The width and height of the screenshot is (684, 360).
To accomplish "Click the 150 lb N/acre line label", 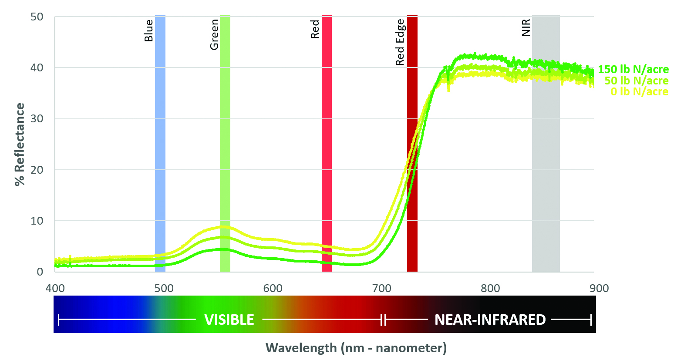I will tap(633, 69).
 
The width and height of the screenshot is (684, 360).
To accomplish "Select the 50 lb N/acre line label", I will tap(636, 81).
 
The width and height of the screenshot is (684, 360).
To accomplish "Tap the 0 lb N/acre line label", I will tap(639, 91).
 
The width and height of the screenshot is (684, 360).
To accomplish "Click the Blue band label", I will tap(148, 30).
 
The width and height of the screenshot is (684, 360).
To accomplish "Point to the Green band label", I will tap(214, 35).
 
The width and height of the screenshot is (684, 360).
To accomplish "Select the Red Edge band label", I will tap(400, 42).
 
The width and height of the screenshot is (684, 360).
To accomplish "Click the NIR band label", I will tap(526, 27).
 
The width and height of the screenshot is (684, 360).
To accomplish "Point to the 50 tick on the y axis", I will tap(37, 17).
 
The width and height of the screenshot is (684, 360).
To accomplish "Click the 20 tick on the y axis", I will tap(37, 170).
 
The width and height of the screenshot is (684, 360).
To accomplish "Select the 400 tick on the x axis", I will tap(55, 288).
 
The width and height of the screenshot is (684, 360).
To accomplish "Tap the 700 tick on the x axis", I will tap(381, 288).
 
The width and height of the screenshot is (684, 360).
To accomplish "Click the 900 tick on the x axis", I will tap(599, 288).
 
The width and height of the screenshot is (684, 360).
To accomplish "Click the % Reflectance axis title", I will tap(20, 145).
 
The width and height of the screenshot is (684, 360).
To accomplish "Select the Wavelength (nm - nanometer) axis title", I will tap(356, 348).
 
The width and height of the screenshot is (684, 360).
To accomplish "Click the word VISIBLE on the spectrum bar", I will tap(229, 320).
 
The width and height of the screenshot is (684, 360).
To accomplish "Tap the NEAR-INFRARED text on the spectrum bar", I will tap(490, 320).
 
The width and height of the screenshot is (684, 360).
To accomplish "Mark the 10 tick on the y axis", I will tap(37, 221).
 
